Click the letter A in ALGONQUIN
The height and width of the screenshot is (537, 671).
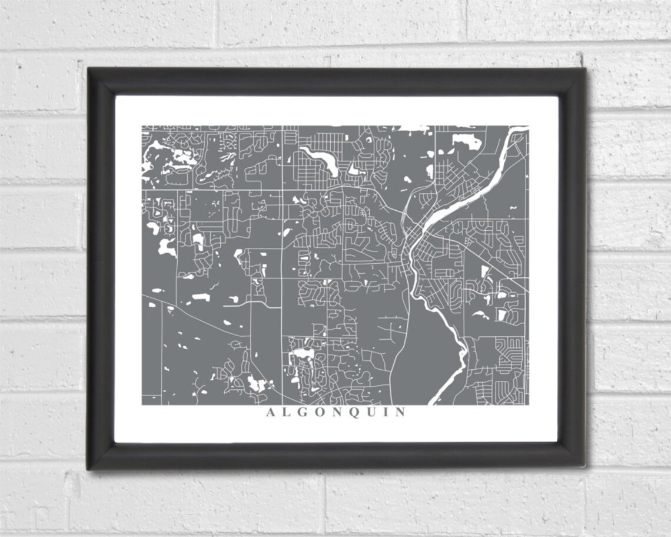[x=271, y=412]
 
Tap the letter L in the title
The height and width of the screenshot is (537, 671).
[x=287, y=412]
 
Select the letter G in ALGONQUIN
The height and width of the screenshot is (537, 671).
[x=304, y=412]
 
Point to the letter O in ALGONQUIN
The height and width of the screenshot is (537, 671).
[x=321, y=412]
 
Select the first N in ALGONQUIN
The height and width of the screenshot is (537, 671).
[x=338, y=412]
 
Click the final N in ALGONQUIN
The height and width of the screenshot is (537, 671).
[x=400, y=412]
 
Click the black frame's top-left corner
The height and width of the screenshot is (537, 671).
[x=89, y=69]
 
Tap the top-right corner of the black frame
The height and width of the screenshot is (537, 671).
[x=584, y=69]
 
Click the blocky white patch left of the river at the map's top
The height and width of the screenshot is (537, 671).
[x=466, y=141]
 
